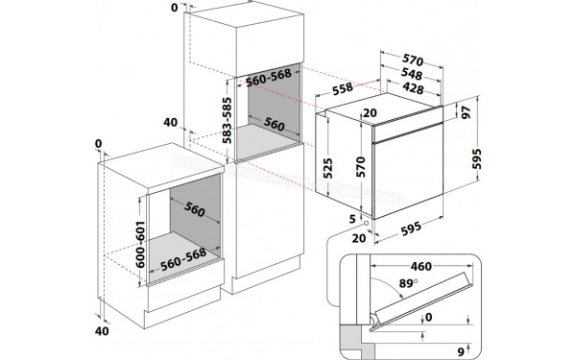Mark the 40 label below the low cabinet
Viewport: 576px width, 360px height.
[103, 330]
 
